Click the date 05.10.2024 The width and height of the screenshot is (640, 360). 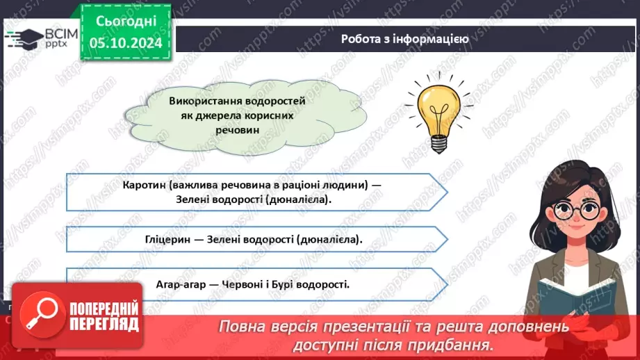[x=125, y=43]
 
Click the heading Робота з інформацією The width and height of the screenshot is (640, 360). [x=404, y=39]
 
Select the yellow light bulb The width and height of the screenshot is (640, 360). [x=438, y=111]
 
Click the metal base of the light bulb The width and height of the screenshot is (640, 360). [x=438, y=143]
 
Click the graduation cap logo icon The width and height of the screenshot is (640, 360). [x=24, y=36]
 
